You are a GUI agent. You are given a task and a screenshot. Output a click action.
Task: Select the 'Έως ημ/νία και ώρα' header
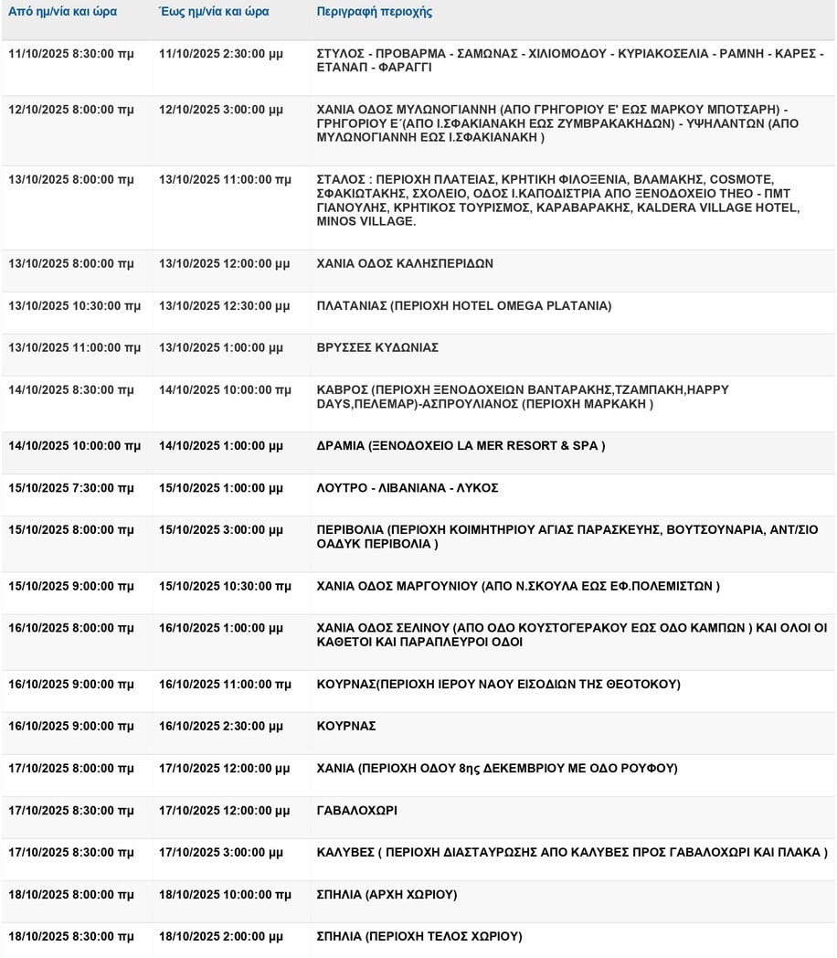coord(214,13)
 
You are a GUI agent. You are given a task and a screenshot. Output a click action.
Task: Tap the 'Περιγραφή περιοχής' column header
coord(375,13)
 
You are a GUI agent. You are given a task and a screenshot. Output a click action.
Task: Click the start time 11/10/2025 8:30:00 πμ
coord(70,54)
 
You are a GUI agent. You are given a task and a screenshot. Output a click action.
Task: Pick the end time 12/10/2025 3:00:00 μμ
coord(221,110)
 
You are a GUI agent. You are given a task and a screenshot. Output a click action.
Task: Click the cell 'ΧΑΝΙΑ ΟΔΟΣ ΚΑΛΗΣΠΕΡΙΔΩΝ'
coord(405,264)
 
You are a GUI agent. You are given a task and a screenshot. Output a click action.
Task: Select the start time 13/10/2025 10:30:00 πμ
coord(74,306)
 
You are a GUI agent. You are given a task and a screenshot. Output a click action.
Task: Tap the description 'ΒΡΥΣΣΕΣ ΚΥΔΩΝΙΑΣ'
coord(377,348)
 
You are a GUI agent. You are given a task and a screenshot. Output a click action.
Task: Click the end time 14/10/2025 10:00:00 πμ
coord(225,390)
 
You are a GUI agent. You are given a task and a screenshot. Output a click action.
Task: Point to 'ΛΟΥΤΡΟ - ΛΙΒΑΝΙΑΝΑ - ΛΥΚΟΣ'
coord(407,488)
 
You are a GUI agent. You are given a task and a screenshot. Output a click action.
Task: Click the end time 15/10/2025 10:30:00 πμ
coord(225,586)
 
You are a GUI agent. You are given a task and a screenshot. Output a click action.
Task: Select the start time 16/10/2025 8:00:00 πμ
coord(70,628)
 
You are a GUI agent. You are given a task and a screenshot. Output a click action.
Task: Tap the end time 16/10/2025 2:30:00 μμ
coord(221,726)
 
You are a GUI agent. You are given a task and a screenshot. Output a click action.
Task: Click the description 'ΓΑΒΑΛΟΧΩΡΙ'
coord(356,811)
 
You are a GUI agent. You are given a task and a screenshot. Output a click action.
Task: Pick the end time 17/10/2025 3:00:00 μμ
coord(221,853)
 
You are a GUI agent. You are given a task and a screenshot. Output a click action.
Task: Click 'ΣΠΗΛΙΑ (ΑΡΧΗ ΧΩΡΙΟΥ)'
coord(387,895)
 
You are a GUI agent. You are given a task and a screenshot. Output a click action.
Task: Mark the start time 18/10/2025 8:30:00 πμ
coord(70,937)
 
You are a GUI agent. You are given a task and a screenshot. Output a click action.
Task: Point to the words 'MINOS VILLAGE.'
coord(366,222)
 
